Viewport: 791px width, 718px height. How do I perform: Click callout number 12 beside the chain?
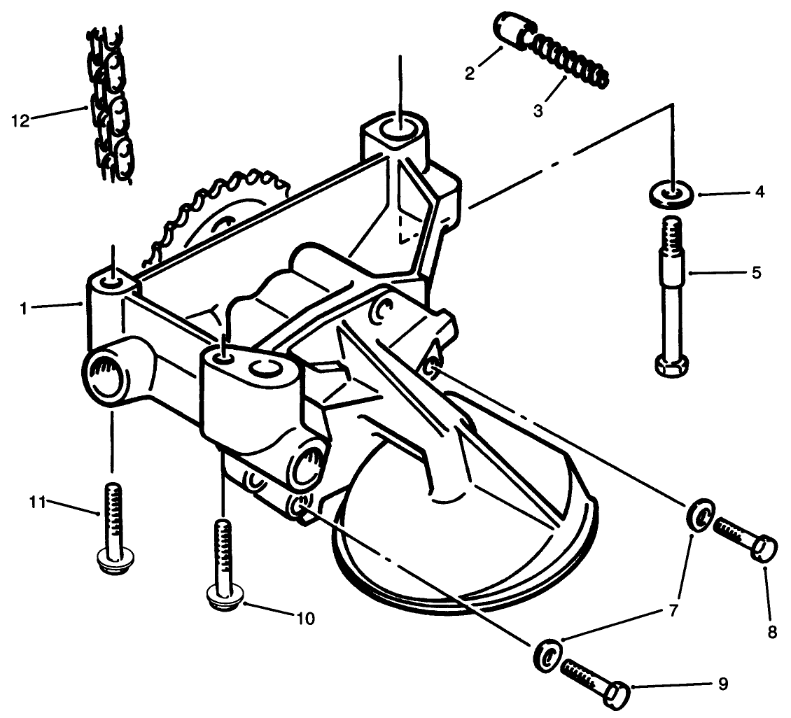(20, 120)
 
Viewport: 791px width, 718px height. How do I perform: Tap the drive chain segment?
(112, 105)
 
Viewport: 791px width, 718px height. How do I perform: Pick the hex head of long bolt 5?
(673, 365)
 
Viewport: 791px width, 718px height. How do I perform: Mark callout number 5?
(756, 272)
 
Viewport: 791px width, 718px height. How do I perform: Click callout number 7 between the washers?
(673, 610)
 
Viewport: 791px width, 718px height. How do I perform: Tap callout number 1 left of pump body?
(24, 307)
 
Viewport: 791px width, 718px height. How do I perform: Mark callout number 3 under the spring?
(538, 111)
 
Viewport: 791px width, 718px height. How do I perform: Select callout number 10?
(305, 619)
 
